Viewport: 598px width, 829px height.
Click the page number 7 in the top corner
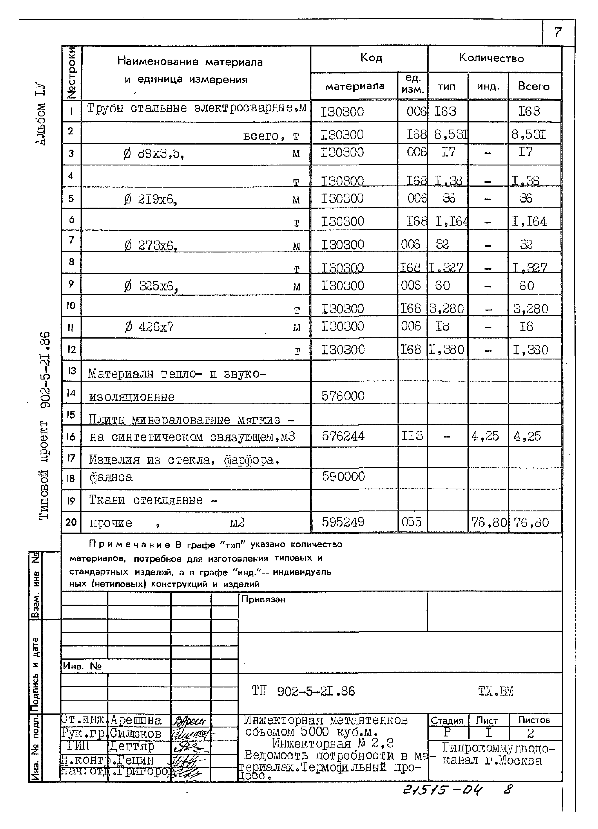coord(557,32)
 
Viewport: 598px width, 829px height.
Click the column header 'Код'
coord(371,58)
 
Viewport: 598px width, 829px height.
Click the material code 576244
coord(343,436)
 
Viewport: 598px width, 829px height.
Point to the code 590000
coord(343,477)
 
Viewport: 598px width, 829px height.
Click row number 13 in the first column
coord(71,371)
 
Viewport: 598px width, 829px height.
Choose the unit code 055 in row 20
coord(411,522)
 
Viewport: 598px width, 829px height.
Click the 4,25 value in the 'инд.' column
coord(485,436)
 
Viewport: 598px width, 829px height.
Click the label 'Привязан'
coord(263,600)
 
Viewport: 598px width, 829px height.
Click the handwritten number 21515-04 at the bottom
coord(443,790)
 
